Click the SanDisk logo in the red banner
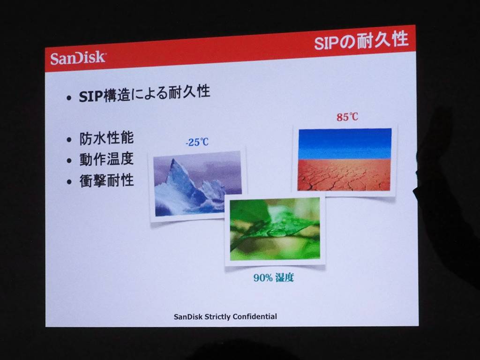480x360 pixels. point(78,58)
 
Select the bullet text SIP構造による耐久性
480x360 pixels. point(144,93)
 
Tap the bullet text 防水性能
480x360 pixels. point(106,138)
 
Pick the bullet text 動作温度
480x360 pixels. point(106,159)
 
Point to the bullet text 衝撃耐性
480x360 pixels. point(106,180)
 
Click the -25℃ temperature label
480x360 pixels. point(197,142)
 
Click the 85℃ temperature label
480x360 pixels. point(347,117)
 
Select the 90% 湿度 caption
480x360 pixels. point(273,277)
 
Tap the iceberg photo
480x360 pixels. point(197,183)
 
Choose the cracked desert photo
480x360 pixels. point(345,159)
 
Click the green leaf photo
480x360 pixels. point(275,229)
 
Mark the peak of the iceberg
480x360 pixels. point(174,160)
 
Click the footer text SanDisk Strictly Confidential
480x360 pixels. point(225,316)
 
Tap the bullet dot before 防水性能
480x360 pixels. point(69,140)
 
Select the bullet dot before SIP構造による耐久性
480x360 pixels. point(69,98)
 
